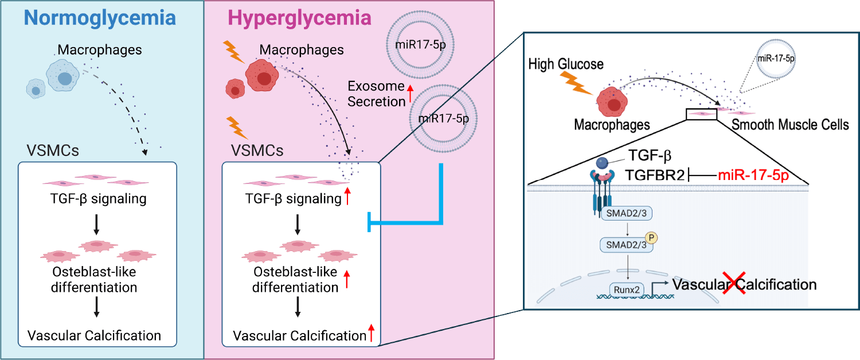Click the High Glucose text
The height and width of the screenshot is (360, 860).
point(566,64)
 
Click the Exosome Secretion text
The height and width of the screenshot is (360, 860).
point(376,94)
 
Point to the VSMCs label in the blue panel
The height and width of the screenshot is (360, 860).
point(53,151)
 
